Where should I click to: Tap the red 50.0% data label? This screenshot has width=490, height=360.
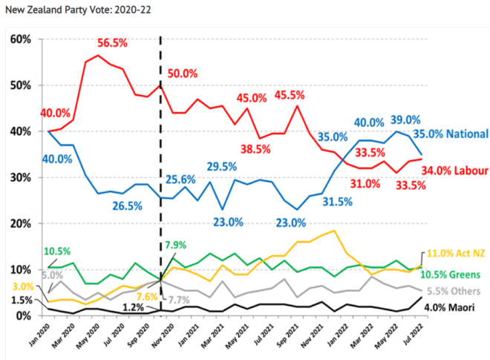pyautogui.click(x=182, y=73)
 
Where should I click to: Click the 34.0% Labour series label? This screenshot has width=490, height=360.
pyautogui.click(x=457, y=171)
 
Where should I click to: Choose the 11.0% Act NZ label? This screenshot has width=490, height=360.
pyautogui.click(x=457, y=253)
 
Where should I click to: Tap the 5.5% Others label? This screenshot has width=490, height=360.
pyautogui.click(x=452, y=291)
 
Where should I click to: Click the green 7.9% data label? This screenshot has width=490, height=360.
pyautogui.click(x=174, y=245)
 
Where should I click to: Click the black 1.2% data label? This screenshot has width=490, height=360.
pyautogui.click(x=134, y=307)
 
